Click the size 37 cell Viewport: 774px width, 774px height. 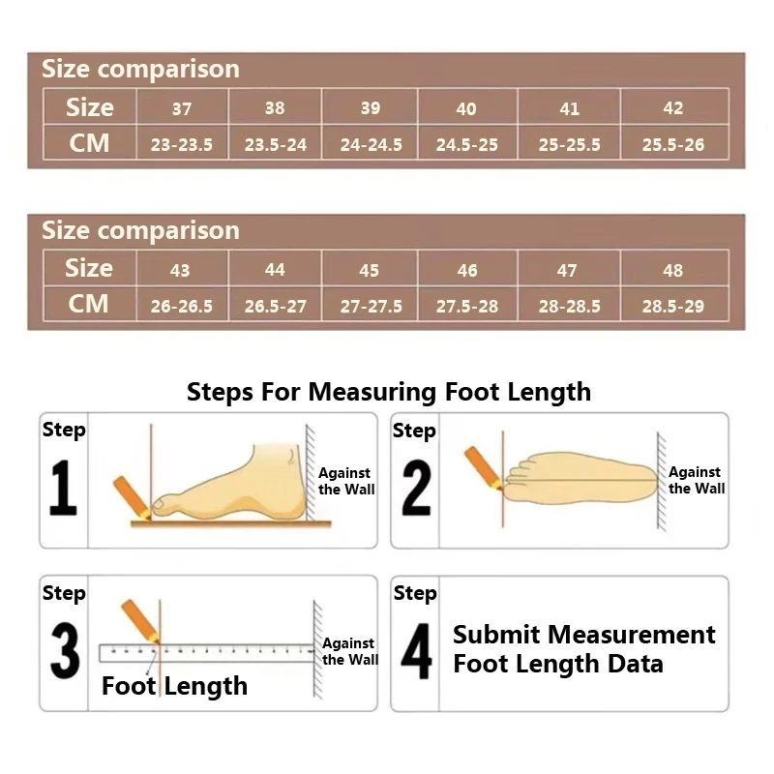click(x=182, y=106)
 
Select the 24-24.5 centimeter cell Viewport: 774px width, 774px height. click(x=371, y=142)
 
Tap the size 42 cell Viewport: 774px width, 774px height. click(x=674, y=106)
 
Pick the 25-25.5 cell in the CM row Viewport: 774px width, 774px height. click(x=569, y=142)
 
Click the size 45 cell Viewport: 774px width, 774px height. click(x=370, y=268)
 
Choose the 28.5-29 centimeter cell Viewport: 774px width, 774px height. click(x=674, y=304)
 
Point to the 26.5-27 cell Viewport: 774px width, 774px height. click(x=275, y=304)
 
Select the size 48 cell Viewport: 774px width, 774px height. click(x=674, y=268)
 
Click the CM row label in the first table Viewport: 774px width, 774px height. click(x=89, y=142)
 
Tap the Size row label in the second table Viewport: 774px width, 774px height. click(x=89, y=268)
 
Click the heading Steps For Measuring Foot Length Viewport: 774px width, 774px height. click(x=389, y=393)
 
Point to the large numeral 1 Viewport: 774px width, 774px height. click(x=63, y=488)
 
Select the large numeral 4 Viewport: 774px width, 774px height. click(x=416, y=650)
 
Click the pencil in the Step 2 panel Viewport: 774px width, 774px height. click(x=483, y=468)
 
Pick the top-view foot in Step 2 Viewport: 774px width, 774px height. click(x=580, y=478)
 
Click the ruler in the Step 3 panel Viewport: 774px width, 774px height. click(x=207, y=652)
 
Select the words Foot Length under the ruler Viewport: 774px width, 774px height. click(x=174, y=686)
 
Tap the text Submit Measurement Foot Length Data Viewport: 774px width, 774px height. click(x=584, y=648)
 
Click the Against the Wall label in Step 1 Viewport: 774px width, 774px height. click(x=346, y=481)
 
